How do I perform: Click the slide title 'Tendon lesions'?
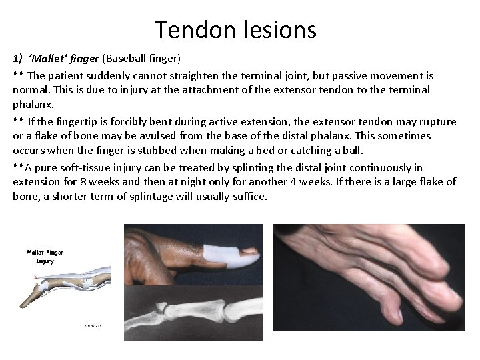[x=235, y=29]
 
